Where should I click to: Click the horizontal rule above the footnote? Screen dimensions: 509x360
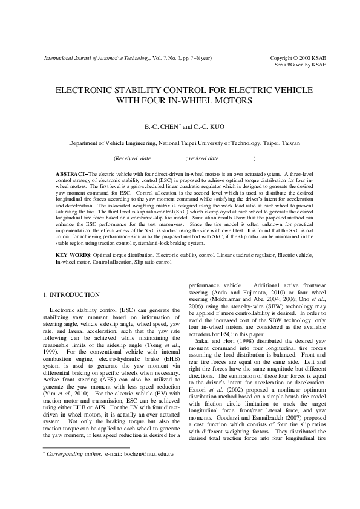pos(87,463)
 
